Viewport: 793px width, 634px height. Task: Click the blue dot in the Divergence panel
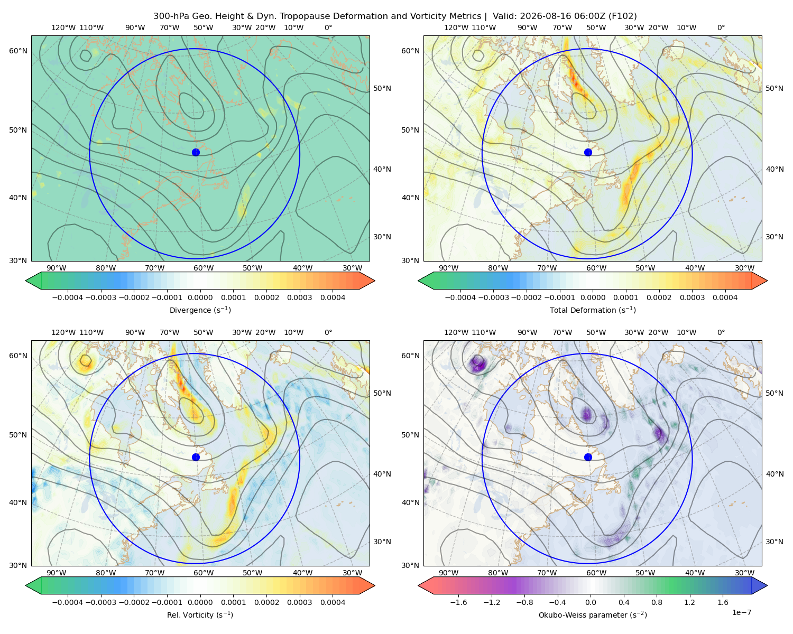point(196,152)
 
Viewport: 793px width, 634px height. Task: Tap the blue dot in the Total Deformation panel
point(588,152)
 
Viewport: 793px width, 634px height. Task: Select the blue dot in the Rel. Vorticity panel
point(196,457)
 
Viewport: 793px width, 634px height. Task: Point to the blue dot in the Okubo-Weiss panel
point(588,457)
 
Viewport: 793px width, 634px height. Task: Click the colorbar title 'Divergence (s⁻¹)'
point(200,310)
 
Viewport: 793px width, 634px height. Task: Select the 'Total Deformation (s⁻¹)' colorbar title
point(593,310)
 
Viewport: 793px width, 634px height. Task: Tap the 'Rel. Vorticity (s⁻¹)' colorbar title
point(200,614)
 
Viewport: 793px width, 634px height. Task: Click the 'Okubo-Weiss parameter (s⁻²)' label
point(593,614)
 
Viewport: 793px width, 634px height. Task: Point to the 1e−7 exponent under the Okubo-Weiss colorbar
point(741,612)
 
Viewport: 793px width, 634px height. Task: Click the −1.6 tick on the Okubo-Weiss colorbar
point(458,602)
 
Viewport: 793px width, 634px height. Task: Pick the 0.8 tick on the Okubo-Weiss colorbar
point(657,602)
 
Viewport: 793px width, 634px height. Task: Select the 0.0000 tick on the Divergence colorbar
point(200,297)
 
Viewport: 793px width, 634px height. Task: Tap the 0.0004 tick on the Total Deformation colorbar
point(725,297)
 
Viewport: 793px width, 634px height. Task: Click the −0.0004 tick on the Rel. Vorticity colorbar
point(68,602)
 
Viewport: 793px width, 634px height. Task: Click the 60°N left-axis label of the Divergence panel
point(18,51)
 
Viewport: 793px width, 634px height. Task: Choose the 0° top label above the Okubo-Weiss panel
point(721,332)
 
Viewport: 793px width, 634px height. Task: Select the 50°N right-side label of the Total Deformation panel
point(774,88)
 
